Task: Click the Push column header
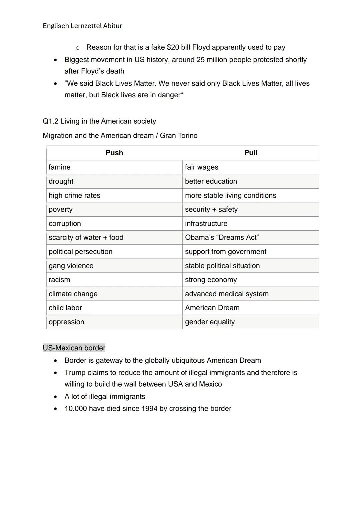point(114,153)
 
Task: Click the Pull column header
point(251,153)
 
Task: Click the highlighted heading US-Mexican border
point(74,348)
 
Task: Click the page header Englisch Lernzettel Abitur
point(82,26)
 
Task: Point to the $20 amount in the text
point(173,47)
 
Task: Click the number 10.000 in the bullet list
point(76,409)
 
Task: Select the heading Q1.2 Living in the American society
point(99,121)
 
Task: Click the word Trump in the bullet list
point(74,373)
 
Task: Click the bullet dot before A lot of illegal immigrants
point(55,397)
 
